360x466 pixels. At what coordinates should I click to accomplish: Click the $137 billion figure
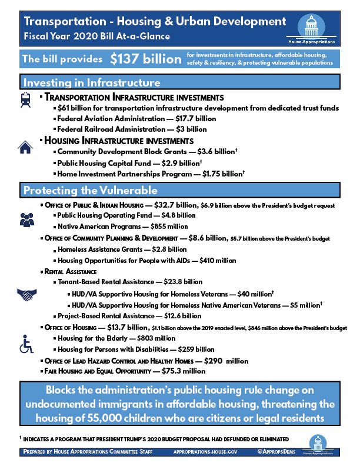pos(145,59)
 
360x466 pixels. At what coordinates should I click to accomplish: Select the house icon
pos(25,147)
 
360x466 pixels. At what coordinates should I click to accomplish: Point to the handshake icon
pos(27,294)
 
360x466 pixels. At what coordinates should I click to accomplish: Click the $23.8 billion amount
pos(183,282)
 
